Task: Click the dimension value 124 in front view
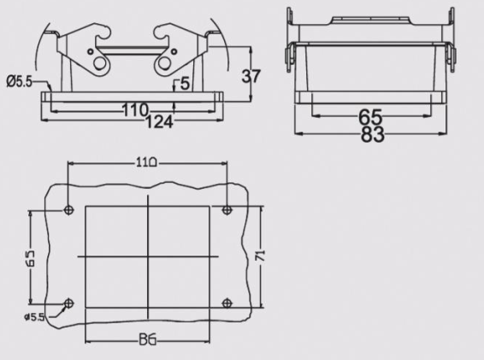[x=160, y=122]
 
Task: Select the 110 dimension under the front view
[x=135, y=109]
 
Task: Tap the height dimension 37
[x=251, y=75]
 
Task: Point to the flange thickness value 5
[x=185, y=84]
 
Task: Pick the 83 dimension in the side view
[x=370, y=134]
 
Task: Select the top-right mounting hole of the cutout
[x=226, y=210]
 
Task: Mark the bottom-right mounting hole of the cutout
[x=226, y=304]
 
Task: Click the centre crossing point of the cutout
[x=147, y=257]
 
